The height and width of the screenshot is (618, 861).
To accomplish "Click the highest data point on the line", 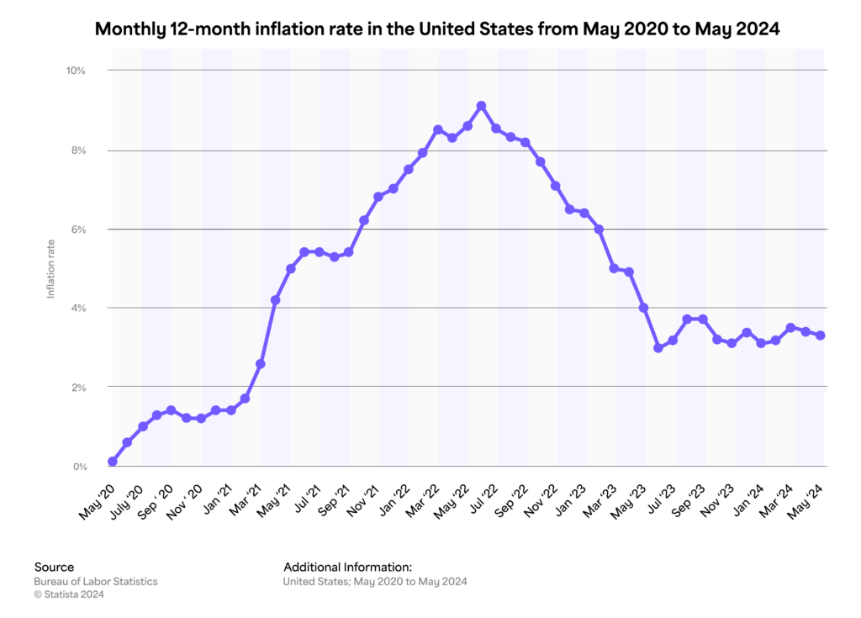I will [x=482, y=106].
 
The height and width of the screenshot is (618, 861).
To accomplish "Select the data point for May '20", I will [x=113, y=462].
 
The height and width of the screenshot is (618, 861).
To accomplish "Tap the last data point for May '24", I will [x=820, y=335].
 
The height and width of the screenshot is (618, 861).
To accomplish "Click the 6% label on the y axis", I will [x=78, y=230].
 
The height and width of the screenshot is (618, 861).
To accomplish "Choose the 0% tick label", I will [x=79, y=467].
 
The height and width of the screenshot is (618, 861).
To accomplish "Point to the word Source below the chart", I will [x=54, y=567].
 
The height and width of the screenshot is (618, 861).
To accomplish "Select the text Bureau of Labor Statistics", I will [x=95, y=581].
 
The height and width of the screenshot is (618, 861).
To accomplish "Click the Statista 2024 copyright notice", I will [x=69, y=594].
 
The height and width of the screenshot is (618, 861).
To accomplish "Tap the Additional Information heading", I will [x=347, y=567].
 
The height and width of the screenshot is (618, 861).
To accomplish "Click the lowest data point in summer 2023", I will [x=658, y=347].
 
